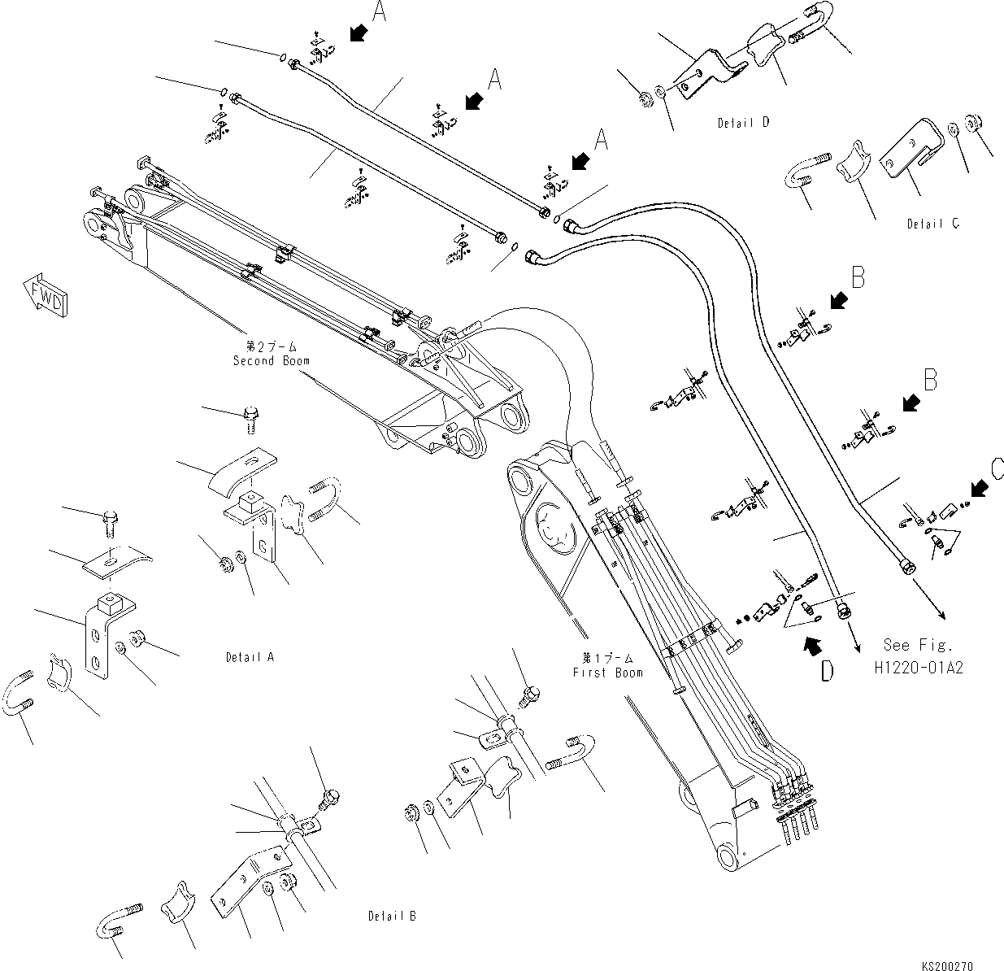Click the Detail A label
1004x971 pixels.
(x=250, y=656)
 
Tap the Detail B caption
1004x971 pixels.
(x=392, y=916)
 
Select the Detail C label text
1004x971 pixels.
(x=932, y=224)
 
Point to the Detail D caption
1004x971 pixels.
(x=743, y=124)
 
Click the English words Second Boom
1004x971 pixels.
(x=271, y=360)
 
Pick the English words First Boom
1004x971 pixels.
(x=607, y=673)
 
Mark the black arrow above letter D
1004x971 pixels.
(x=811, y=645)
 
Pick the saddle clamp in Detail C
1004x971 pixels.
(x=851, y=173)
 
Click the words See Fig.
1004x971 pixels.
(x=919, y=645)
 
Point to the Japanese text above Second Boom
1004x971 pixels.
(x=270, y=346)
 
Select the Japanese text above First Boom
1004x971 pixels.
(x=607, y=657)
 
